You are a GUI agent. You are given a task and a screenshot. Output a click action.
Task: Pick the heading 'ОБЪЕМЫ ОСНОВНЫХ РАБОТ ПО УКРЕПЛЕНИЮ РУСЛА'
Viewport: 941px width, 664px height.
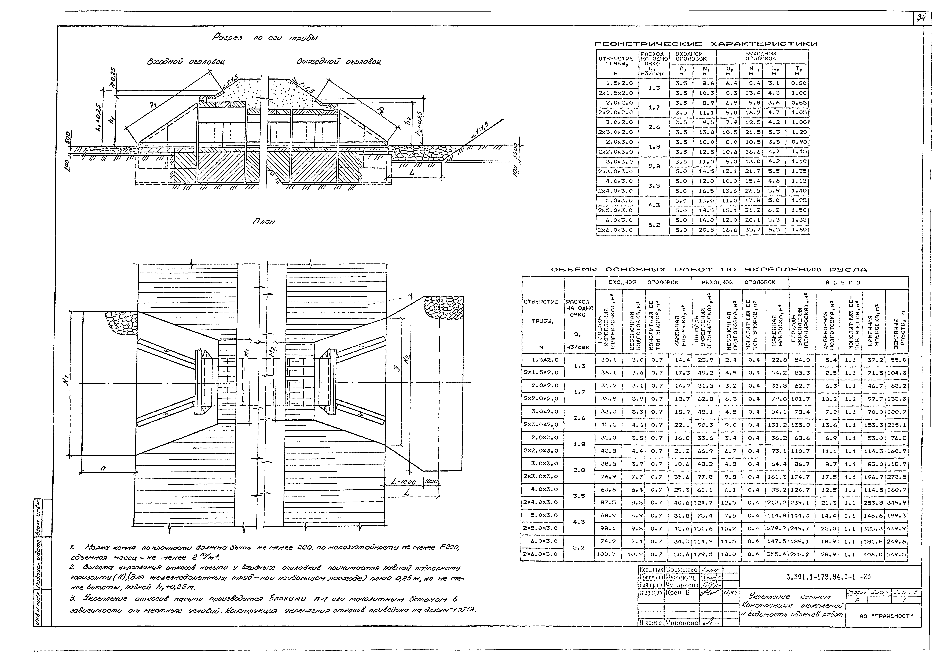click(x=709, y=270)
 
